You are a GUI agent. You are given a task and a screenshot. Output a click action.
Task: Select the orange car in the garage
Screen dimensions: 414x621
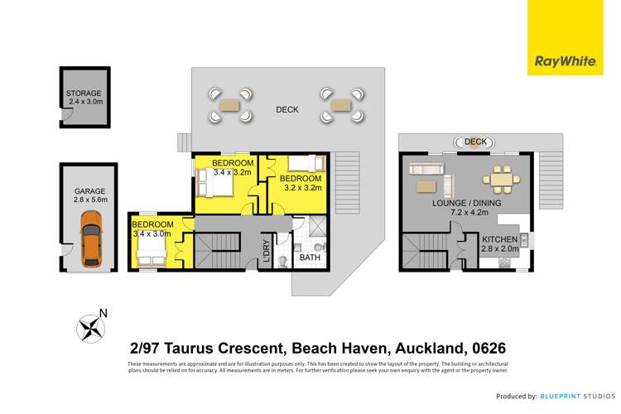click(x=91, y=239)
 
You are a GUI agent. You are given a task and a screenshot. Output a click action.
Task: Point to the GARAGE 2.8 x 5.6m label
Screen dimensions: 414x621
click(x=90, y=195)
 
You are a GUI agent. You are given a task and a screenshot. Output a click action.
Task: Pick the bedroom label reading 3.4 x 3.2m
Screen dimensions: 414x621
click(x=224, y=167)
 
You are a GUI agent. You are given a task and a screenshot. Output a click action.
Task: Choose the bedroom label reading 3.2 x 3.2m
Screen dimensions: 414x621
click(x=300, y=183)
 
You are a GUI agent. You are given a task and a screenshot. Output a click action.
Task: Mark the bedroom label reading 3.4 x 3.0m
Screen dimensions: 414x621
click(x=153, y=229)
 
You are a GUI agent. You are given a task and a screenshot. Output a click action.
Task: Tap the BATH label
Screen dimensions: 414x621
click(x=309, y=258)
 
